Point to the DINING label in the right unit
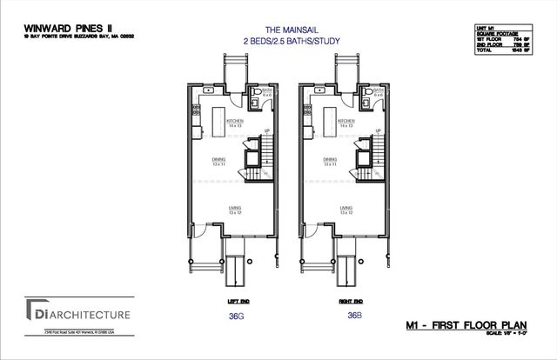point(330,160)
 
